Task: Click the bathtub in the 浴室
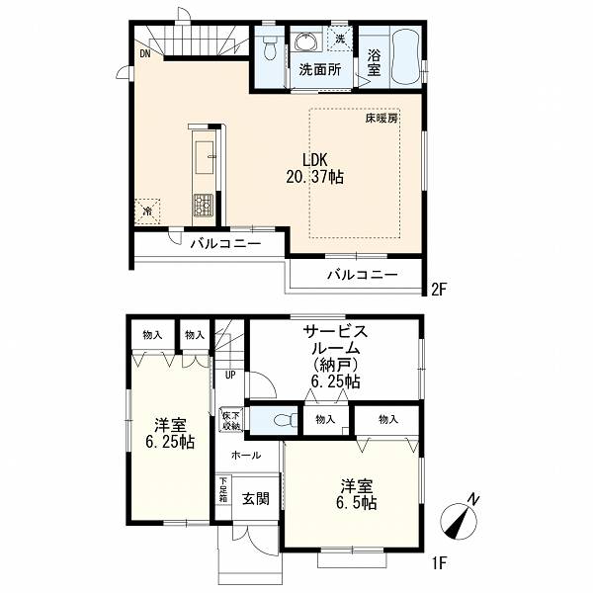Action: (406, 56)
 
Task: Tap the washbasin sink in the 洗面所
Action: (305, 41)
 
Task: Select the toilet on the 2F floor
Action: (269, 46)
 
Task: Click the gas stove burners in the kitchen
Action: (204, 206)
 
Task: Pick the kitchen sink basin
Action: (205, 158)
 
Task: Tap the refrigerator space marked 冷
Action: (148, 212)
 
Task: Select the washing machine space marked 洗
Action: (340, 39)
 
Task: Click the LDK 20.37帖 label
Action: (314, 168)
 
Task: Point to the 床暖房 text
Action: (381, 119)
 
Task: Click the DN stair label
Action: (145, 53)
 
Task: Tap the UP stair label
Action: (230, 376)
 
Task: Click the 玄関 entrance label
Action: (256, 499)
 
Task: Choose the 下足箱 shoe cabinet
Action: (223, 490)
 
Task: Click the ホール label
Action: (246, 456)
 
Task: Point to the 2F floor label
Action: (439, 290)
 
